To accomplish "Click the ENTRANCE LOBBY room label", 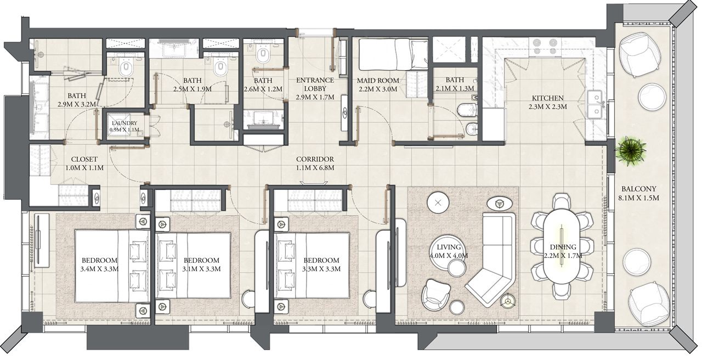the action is pyautogui.click(x=315, y=85).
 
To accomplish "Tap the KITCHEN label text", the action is pyautogui.click(x=547, y=98).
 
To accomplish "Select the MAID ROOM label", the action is pyautogui.click(x=378, y=81).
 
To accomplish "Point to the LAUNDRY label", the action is pyautogui.click(x=124, y=123).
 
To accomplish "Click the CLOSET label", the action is pyautogui.click(x=84, y=159).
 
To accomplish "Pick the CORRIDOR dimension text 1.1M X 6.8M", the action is pyautogui.click(x=315, y=168).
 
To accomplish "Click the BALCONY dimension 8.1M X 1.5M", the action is pyautogui.click(x=639, y=198).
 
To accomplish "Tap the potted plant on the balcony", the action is pyautogui.click(x=631, y=151).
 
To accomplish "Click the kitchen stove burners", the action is pyautogui.click(x=545, y=47).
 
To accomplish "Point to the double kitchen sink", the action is pyautogui.click(x=595, y=104).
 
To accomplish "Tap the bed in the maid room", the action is pyautogui.click(x=393, y=54).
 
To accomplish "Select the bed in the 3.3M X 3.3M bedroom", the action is pyautogui.click(x=312, y=265).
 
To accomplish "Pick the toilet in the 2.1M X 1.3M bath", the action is pyautogui.click(x=467, y=110).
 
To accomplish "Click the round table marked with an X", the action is pyautogui.click(x=438, y=203).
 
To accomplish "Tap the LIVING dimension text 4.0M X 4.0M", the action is pyautogui.click(x=449, y=256).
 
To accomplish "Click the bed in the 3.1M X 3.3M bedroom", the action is pyautogui.click(x=194, y=265).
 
